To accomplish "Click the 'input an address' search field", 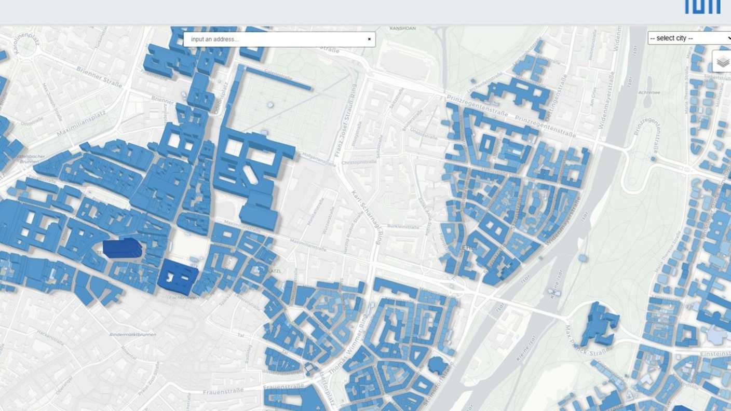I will tap(275, 39).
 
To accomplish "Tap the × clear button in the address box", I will tap(369, 39).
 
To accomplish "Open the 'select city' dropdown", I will tap(689, 38).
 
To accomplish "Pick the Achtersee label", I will tap(649, 92).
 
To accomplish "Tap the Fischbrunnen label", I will tap(184, 298).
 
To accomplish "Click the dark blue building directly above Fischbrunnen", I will tap(178, 277).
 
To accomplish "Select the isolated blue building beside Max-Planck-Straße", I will tap(600, 324).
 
